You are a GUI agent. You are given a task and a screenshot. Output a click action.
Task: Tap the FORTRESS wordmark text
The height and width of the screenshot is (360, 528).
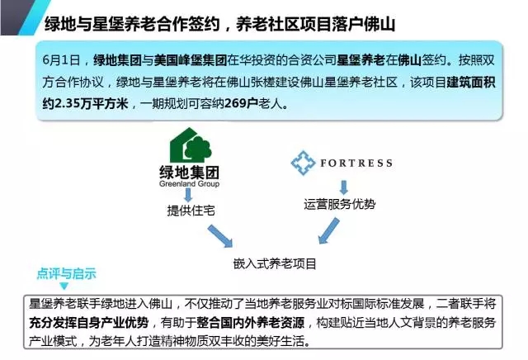[x=356, y=163]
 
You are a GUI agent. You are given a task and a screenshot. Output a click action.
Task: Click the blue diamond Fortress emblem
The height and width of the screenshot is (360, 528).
[x=304, y=162]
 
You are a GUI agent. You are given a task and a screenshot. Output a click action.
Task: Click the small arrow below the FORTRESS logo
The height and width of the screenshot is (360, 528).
[x=343, y=186]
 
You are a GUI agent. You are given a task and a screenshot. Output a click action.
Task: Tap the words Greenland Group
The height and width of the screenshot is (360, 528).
[x=191, y=184]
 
